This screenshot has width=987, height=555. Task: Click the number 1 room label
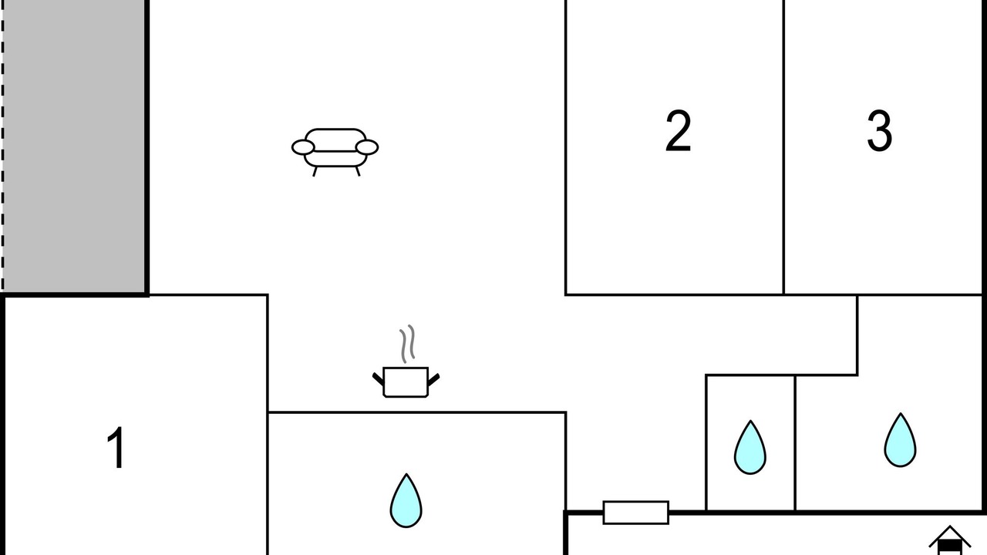click(116, 448)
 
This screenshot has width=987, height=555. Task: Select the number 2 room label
click(678, 131)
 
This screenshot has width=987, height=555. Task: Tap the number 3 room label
click(880, 131)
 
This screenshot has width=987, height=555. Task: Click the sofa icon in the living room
click(335, 152)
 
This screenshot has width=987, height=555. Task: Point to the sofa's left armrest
click(303, 147)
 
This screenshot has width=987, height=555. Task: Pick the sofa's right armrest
click(367, 147)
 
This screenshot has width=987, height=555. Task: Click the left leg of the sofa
click(315, 171)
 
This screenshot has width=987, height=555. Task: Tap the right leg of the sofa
click(358, 171)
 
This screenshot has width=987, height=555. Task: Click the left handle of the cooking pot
click(378, 378)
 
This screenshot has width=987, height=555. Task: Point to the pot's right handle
click(433, 379)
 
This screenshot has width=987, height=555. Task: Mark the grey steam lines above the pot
click(407, 344)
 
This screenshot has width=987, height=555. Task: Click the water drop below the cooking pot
click(406, 500)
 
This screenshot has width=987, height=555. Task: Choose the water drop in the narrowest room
click(750, 447)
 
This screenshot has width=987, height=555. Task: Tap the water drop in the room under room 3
click(900, 439)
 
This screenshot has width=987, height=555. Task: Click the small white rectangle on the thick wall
click(636, 513)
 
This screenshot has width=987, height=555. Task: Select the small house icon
click(949, 540)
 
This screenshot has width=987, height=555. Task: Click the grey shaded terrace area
click(74, 146)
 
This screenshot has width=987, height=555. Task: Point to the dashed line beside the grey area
click(2, 146)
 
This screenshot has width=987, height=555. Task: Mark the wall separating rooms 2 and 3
click(783, 147)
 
